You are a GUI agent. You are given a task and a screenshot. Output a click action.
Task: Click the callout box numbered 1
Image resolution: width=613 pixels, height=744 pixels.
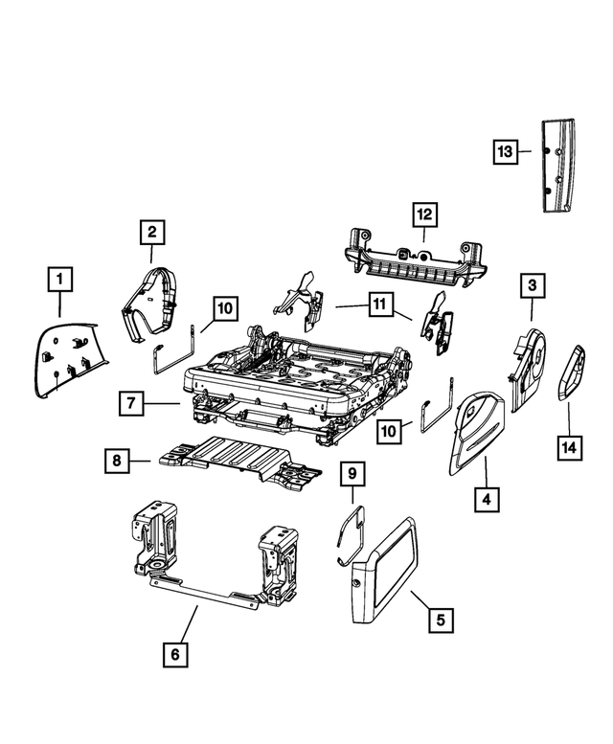pyautogui.click(x=59, y=280)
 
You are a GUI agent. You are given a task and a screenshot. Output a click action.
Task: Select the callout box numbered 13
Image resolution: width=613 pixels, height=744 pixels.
pyautogui.click(x=505, y=152)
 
